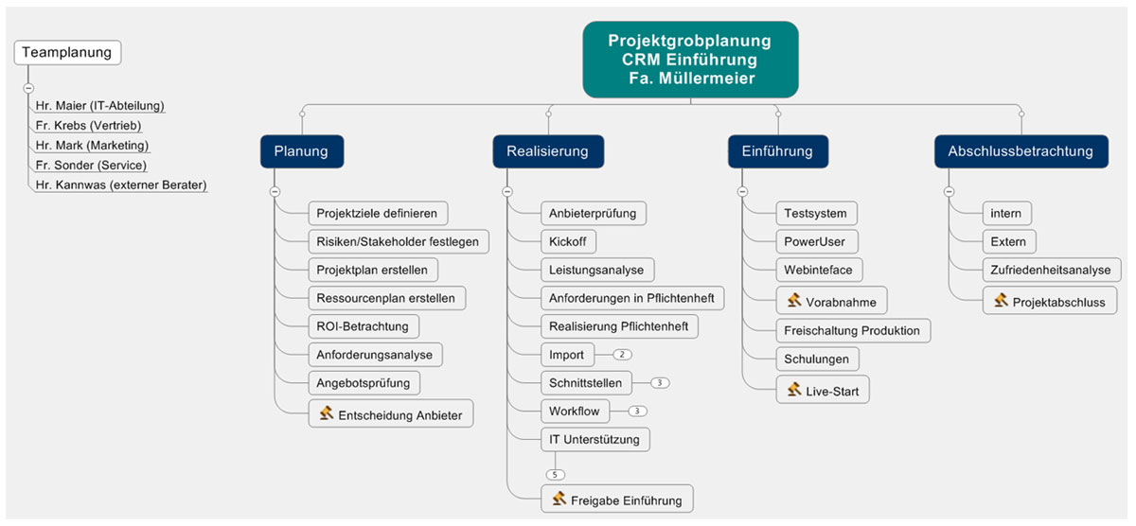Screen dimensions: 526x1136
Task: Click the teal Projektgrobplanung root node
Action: point(690,58)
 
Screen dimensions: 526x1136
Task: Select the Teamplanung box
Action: point(68,52)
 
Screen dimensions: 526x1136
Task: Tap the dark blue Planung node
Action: point(301,150)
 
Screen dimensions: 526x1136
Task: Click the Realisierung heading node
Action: point(547,150)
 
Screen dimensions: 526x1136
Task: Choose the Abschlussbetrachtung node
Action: point(1021,150)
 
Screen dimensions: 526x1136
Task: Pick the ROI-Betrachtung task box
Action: point(363,326)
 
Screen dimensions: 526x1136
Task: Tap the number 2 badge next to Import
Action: point(622,355)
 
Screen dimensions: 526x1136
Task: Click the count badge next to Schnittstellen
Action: point(661,383)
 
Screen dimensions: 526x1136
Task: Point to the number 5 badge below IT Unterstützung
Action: point(556,474)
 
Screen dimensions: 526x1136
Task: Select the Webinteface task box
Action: point(818,270)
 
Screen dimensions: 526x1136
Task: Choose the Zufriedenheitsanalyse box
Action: point(1050,270)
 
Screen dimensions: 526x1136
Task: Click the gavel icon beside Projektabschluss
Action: point(1001,300)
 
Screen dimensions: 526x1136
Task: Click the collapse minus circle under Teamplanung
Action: point(28,88)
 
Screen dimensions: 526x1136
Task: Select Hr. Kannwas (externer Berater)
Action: point(120,184)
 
